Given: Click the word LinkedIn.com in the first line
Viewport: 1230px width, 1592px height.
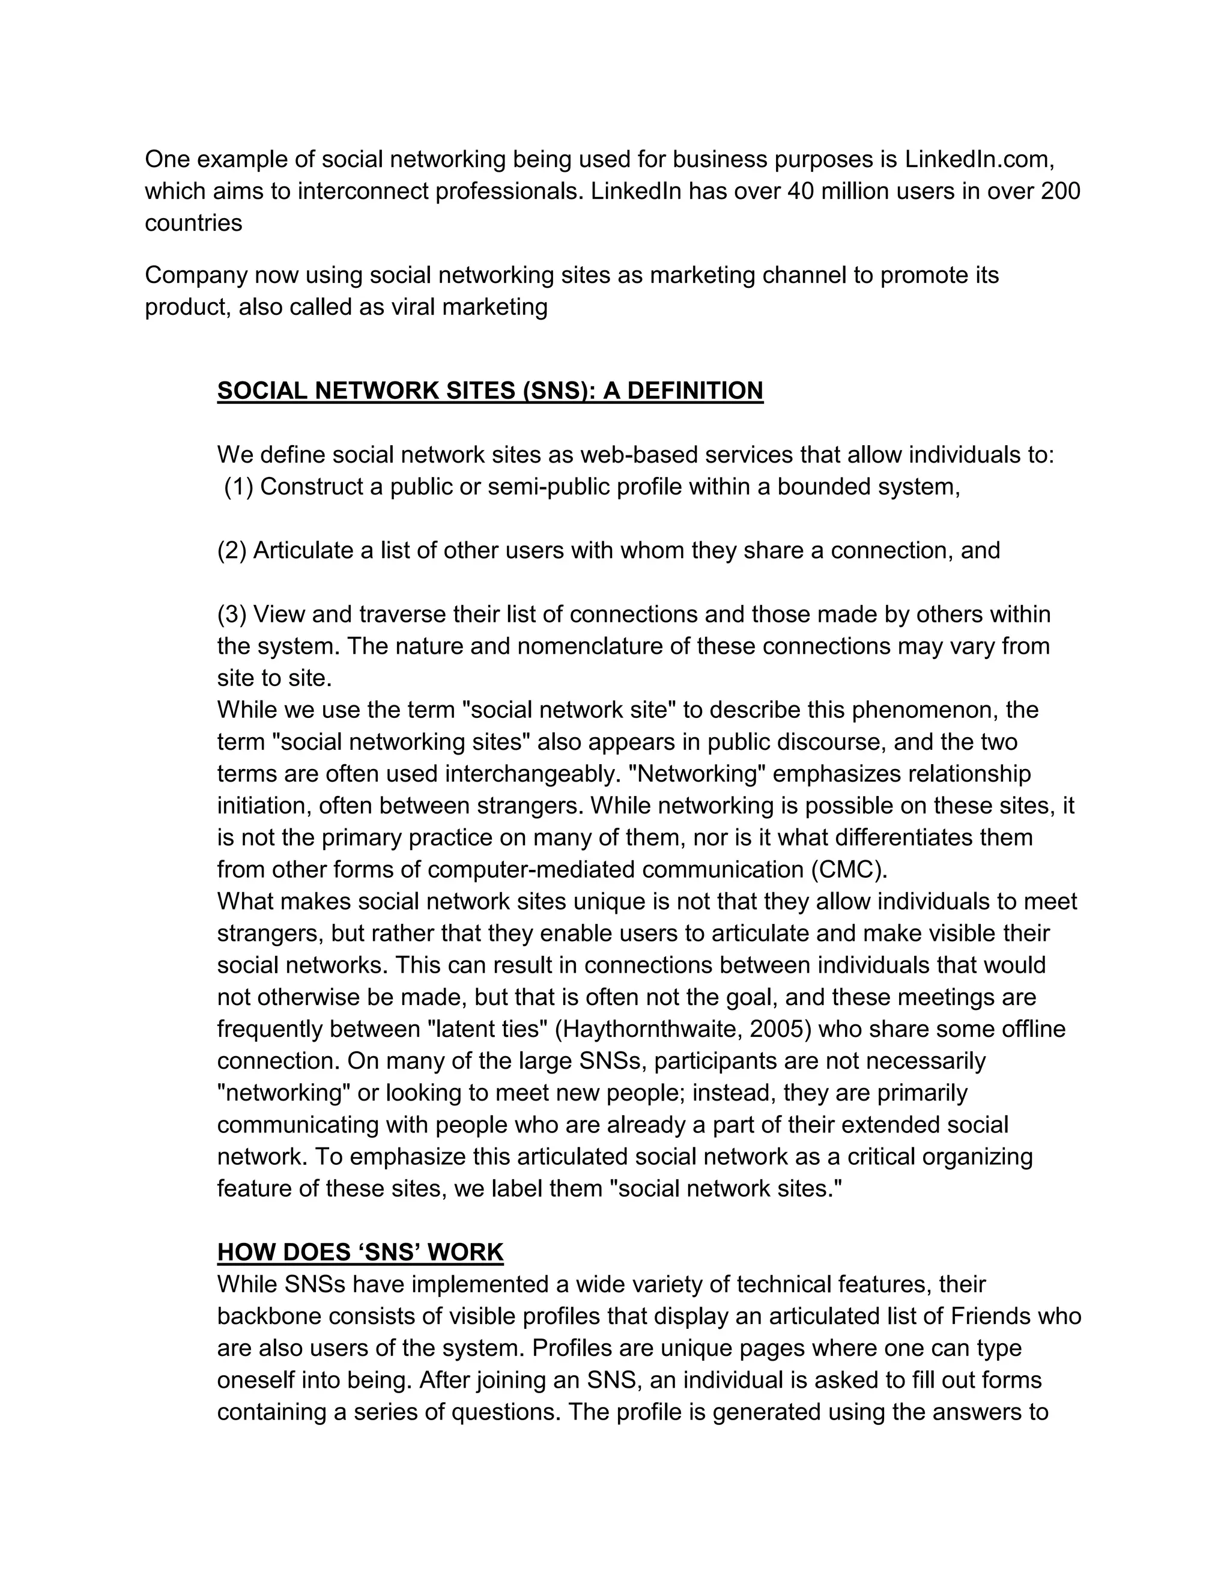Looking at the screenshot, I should coord(980,159).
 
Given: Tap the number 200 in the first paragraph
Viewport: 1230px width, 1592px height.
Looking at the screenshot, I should coord(1060,191).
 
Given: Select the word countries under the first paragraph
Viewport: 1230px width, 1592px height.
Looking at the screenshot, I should coord(193,223).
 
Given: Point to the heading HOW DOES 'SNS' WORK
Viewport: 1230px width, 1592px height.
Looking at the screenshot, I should coord(360,1253).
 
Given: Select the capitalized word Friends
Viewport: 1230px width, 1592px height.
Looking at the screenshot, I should coord(991,1316).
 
